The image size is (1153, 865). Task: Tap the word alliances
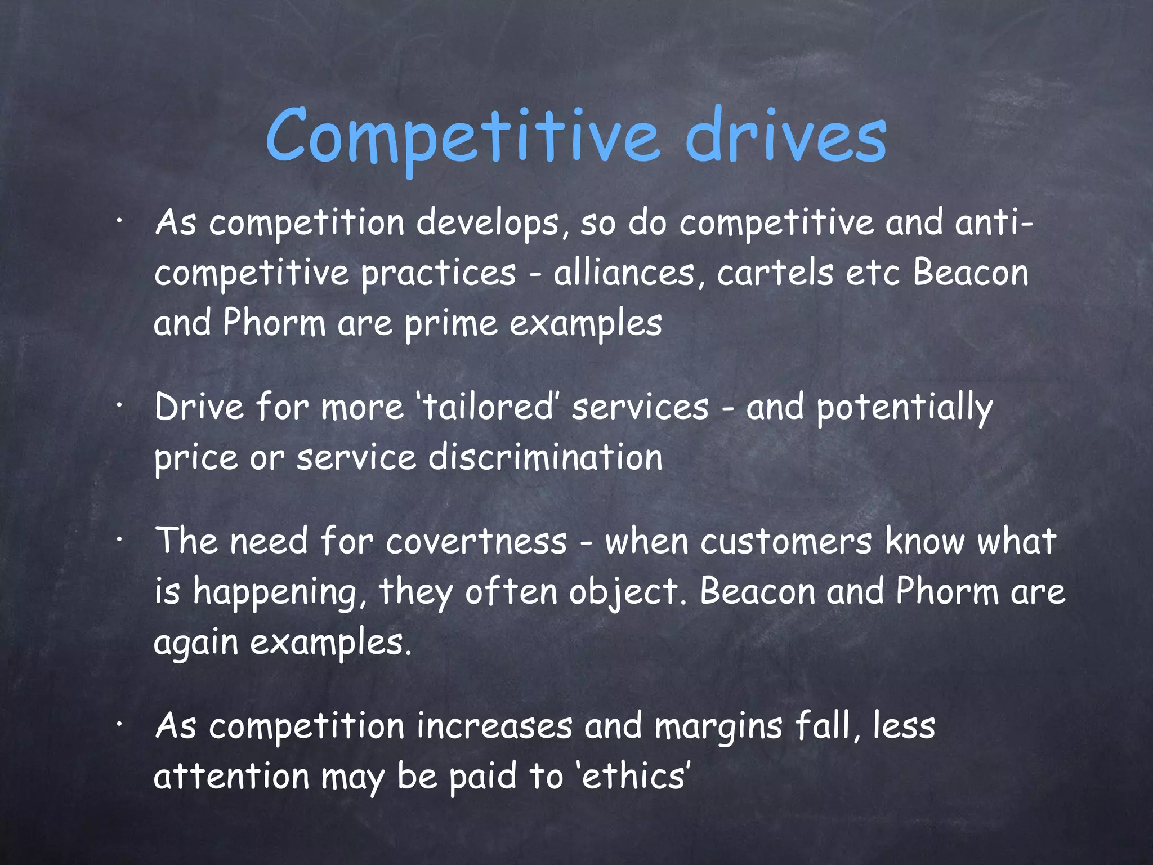pyautogui.click(x=625, y=273)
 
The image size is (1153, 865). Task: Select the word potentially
pyautogui.click(x=904, y=408)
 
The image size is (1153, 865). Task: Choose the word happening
pyautogui.click(x=275, y=592)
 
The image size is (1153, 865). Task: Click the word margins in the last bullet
pyautogui.click(x=718, y=726)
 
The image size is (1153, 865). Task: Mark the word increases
pyautogui.click(x=495, y=726)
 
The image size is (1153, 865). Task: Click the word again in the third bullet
pyautogui.click(x=196, y=642)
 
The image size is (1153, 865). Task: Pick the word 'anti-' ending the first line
pyautogui.click(x=994, y=223)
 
